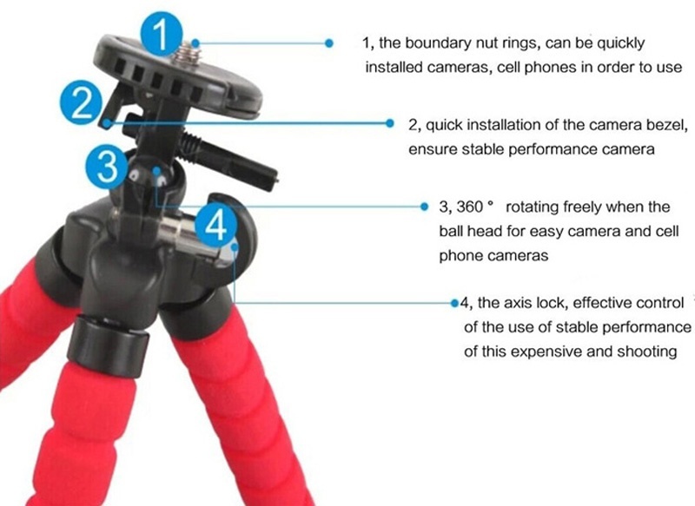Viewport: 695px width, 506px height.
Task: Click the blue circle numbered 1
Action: pos(162,35)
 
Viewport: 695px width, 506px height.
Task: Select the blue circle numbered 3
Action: pos(107,167)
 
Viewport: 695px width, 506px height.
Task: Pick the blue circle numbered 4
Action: pos(215,226)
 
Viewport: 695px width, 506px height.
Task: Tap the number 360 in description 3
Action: pos(470,207)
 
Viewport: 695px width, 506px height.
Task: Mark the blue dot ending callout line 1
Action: pos(329,43)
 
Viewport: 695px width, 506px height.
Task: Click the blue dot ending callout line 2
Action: pos(389,123)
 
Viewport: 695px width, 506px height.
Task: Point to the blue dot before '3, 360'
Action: pos(425,207)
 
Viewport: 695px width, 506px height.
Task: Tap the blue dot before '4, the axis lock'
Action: pos(454,303)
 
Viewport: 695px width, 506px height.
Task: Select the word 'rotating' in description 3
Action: pos(532,207)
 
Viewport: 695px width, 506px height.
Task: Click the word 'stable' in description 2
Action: pos(483,149)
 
